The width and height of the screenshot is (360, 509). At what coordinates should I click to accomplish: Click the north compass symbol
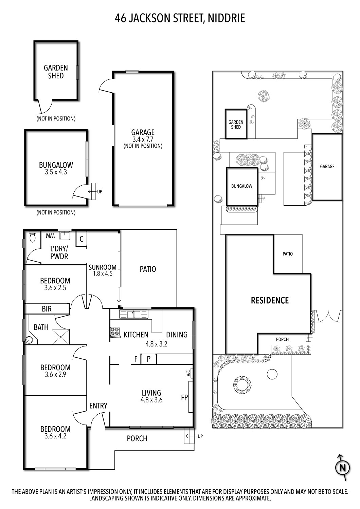pyautogui.click(x=342, y=468)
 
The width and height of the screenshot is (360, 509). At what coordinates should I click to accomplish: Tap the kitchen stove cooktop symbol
pyautogui.click(x=115, y=332)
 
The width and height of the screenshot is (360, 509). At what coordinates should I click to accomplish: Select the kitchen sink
pyautogui.click(x=134, y=314)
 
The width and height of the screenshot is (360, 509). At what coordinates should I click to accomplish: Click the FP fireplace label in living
pyautogui.click(x=184, y=397)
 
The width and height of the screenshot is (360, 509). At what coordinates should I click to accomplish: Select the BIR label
pyautogui.click(x=47, y=308)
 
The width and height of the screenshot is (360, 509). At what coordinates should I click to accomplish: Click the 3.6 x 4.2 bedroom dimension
pyautogui.click(x=55, y=436)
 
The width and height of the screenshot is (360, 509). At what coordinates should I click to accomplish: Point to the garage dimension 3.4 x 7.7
pyautogui.click(x=143, y=139)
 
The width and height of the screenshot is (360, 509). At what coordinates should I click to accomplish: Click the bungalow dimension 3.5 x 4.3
pyautogui.click(x=56, y=172)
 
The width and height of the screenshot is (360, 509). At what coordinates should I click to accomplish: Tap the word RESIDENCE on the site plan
pyautogui.click(x=270, y=300)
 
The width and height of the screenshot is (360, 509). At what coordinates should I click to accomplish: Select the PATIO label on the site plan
pyautogui.click(x=288, y=254)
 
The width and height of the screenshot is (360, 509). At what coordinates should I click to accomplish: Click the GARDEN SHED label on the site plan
pyautogui.click(x=236, y=125)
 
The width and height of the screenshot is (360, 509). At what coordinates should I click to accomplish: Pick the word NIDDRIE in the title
pyautogui.click(x=226, y=18)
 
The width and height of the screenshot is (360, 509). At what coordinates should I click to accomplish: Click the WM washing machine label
pyautogui.click(x=50, y=235)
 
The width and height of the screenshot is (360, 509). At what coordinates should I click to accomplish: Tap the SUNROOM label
pyautogui.click(x=103, y=267)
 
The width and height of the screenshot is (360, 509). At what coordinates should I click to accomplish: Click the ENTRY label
pyautogui.click(x=98, y=406)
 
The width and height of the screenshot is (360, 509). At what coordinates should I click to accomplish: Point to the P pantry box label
pyautogui.click(x=149, y=359)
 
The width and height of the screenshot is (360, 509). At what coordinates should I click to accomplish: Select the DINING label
pyautogui.click(x=177, y=335)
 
